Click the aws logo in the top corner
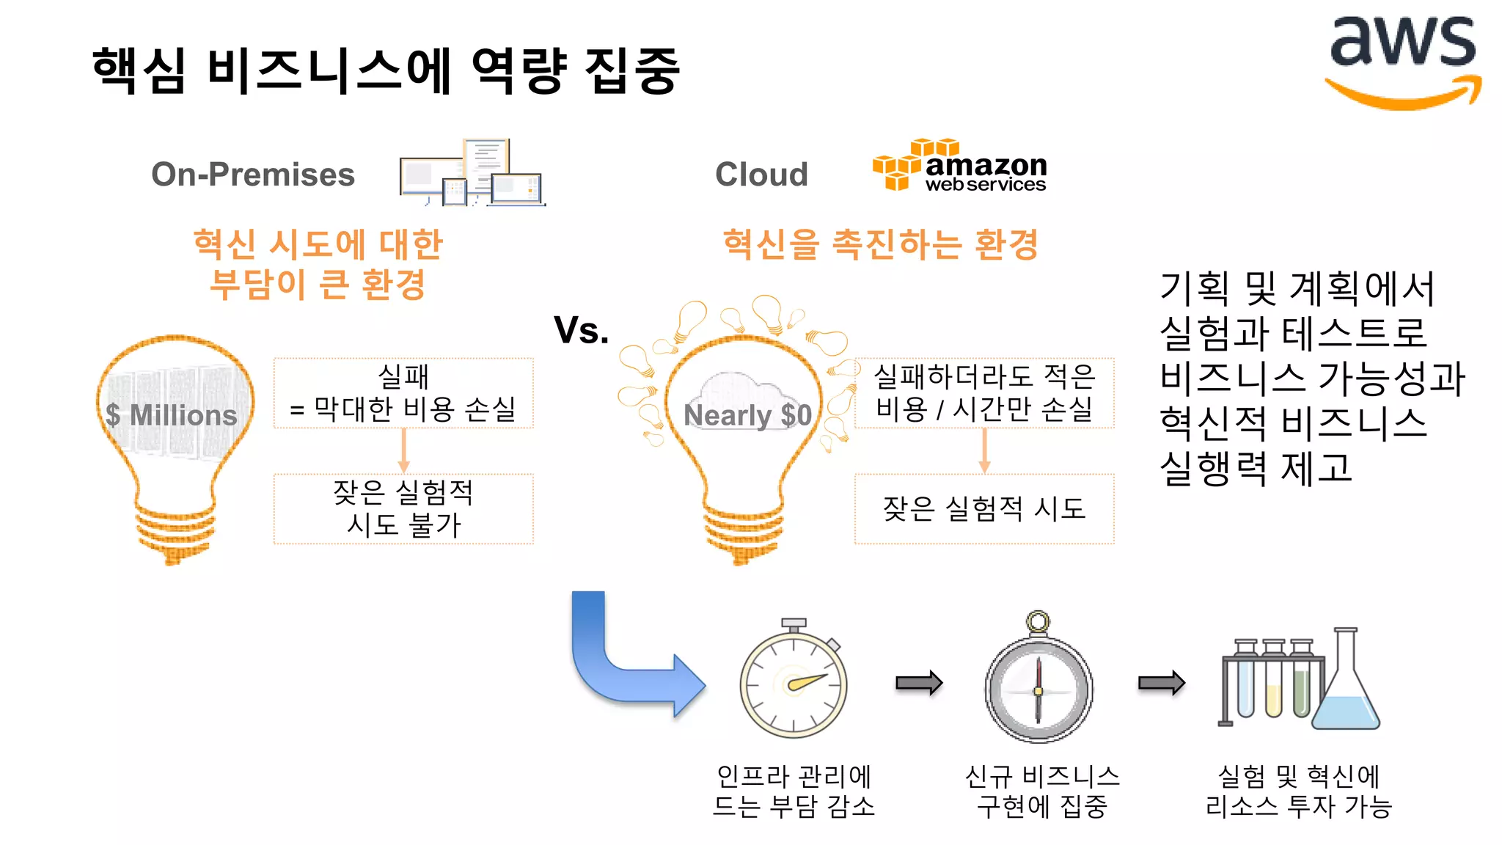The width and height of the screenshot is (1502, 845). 1402,62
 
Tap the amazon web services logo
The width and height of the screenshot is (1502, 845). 959,166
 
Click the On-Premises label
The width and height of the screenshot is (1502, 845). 253,175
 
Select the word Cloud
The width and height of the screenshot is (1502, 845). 761,175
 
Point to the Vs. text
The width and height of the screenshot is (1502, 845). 581,330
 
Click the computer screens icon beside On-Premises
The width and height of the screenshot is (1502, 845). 472,173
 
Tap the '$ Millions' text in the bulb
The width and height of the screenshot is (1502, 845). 172,415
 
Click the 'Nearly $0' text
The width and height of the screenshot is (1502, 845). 747,415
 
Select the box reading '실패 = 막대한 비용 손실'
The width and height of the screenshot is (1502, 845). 403,393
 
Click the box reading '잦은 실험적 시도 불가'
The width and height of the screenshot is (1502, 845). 403,508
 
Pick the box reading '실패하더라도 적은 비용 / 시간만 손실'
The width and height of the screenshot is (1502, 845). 984,393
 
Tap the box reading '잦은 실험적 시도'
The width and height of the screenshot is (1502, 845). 984,508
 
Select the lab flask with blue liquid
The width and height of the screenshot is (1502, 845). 1346,693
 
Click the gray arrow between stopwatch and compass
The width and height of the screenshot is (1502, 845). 918,683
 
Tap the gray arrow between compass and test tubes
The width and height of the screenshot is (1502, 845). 1161,683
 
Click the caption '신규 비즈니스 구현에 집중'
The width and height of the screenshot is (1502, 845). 1041,791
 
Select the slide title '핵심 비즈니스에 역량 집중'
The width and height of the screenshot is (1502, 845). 387,70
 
